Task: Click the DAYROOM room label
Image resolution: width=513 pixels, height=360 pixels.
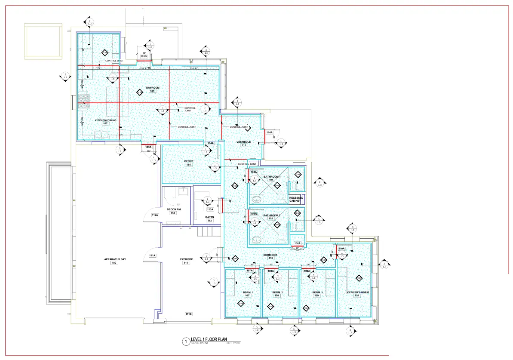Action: point(152,88)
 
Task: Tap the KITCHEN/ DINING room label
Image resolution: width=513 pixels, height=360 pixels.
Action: point(105,120)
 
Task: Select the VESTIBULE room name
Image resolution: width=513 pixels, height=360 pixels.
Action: point(243,142)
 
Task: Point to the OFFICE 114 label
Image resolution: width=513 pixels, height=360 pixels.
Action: point(189,161)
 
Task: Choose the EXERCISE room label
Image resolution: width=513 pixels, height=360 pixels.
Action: point(186,259)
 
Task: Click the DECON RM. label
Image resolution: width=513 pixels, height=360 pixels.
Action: point(174,209)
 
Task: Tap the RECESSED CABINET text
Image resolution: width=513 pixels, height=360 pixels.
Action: point(296,199)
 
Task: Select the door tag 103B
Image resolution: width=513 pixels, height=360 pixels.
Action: point(144,57)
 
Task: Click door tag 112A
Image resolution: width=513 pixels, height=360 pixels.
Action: point(154,215)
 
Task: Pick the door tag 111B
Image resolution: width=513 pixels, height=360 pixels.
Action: point(188,314)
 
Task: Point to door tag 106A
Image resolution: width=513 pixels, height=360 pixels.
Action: point(297,244)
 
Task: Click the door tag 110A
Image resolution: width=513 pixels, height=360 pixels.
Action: point(341,249)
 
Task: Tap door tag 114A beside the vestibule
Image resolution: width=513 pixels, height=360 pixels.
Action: point(269,132)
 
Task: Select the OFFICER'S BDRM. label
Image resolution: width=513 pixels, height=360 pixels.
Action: point(358,292)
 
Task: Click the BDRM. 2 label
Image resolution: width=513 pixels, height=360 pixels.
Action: point(277,292)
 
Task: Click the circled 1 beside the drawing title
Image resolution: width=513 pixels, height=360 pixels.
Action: point(186,342)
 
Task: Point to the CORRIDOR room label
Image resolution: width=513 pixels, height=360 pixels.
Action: point(270,255)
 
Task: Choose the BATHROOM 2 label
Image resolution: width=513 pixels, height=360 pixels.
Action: point(272,215)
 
